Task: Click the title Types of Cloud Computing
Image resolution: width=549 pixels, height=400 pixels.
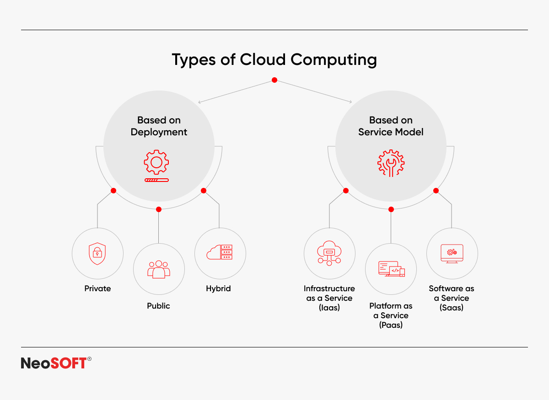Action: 274,59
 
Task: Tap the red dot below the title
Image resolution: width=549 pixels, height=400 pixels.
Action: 274,80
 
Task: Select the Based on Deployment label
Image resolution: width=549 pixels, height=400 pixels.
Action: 159,126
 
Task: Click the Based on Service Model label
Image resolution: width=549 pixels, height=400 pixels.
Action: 391,126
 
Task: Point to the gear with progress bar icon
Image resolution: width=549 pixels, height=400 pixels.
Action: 156,166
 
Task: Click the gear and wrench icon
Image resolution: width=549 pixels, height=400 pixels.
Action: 391,163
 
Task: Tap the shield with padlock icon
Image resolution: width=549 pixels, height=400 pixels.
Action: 97,254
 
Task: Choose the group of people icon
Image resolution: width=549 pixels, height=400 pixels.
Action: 159,269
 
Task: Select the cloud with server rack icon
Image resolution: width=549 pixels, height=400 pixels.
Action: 220,252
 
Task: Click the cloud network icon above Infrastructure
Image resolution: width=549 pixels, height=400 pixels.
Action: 329,253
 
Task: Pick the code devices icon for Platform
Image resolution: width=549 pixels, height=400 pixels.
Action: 392,269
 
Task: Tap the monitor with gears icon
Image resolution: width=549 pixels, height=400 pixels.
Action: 452,254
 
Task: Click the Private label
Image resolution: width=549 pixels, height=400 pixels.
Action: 97,288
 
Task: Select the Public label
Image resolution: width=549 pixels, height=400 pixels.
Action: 158,306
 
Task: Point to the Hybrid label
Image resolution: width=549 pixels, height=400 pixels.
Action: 218,289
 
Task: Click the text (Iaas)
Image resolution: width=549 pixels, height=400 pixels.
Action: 329,308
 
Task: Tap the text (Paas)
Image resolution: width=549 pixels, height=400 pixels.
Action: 391,325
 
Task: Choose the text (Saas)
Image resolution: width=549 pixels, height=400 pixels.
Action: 452,308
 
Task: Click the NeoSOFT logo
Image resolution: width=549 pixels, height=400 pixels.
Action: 56,363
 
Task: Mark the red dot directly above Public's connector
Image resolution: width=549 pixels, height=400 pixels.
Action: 159,209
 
